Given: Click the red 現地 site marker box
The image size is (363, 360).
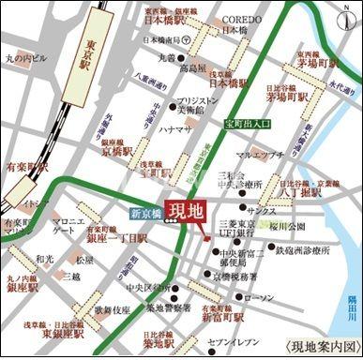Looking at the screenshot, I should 183,210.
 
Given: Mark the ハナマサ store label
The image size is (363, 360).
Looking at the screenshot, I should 175,128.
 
